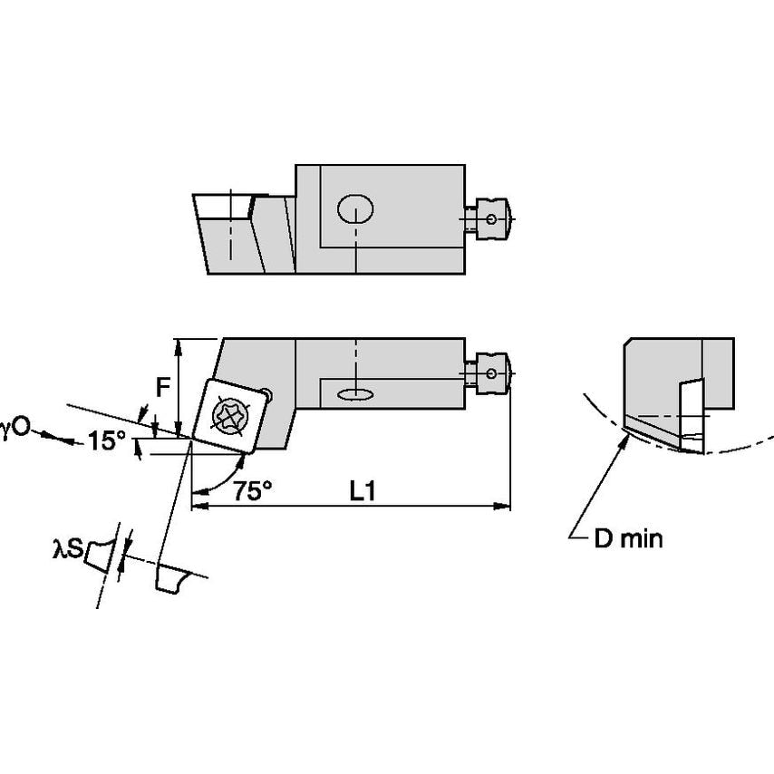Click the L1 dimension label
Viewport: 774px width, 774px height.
pos(363,491)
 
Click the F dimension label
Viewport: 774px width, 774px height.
pos(162,387)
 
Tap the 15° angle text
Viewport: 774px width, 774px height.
pos(107,441)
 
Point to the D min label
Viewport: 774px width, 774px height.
pos(628,539)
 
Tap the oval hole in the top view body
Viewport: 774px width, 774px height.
pos(355,210)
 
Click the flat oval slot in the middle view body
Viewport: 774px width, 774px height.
pos(355,393)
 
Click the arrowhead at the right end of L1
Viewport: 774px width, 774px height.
pos(505,506)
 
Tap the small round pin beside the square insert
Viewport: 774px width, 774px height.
pos(266,393)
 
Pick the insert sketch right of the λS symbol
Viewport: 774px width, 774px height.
pos(100,552)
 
